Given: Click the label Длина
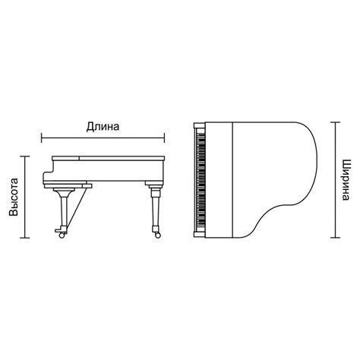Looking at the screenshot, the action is (x=103, y=127).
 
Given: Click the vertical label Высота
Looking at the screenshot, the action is (x=14, y=197).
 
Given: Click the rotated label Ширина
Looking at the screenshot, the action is (x=346, y=180).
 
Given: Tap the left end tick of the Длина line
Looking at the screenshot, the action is (x=42, y=138).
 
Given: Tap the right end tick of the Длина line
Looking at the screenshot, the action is (x=165, y=138).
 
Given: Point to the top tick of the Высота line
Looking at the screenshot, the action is (x=25, y=156).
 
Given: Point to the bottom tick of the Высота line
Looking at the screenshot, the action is (x=25, y=238).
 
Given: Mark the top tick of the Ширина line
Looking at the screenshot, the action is (x=336, y=122).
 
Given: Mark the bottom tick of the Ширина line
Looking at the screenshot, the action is (x=336, y=238).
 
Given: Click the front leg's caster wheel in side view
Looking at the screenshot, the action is (x=62, y=235).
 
